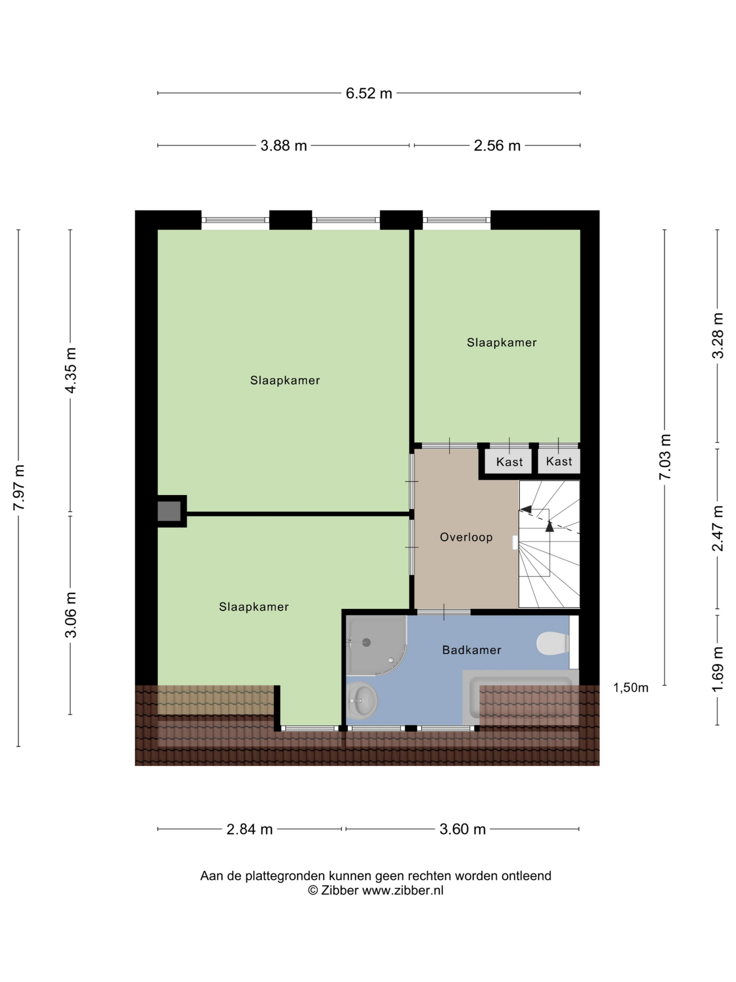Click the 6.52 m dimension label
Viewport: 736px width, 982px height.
[x=369, y=93]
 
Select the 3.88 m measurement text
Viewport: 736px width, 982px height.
[x=284, y=146]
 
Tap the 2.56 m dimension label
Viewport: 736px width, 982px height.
[x=497, y=146]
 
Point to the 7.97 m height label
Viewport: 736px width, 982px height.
[x=20, y=487]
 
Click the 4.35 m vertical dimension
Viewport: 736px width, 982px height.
[x=71, y=370]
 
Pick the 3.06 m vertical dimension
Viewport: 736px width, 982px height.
[x=71, y=615]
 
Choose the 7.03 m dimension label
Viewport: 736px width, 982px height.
[x=665, y=456]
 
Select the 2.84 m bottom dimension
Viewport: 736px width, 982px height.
[x=249, y=829]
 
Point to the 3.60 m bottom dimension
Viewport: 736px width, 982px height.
[x=462, y=829]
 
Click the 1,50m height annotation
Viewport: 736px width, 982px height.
[x=631, y=688]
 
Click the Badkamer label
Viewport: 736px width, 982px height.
[x=472, y=650]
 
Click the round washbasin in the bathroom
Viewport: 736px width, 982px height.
[x=361, y=701]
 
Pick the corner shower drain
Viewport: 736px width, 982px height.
[x=366, y=642]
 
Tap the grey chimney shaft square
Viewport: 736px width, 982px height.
[x=169, y=511]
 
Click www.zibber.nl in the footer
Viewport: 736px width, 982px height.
[x=402, y=890]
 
